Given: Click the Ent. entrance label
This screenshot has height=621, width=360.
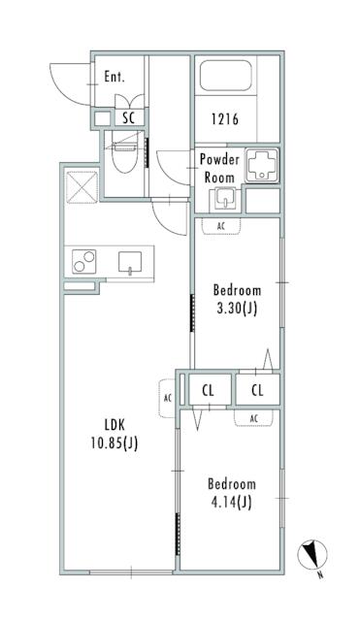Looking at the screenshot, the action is (115, 77).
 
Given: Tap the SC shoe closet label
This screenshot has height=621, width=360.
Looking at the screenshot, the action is (128, 117).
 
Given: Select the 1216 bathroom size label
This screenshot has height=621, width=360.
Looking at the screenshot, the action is (224, 118).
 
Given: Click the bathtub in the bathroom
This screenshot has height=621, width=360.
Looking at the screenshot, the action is (226, 76).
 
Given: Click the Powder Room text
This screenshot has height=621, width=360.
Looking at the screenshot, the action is (219, 168).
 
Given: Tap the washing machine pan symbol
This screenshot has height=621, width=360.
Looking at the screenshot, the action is (262, 165).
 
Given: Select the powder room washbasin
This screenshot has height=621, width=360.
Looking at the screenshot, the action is (225, 198).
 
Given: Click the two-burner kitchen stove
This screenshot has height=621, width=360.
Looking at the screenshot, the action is (84, 261).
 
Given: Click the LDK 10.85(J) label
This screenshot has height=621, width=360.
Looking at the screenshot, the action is (115, 435).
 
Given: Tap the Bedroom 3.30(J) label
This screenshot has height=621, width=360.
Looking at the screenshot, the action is (237, 299).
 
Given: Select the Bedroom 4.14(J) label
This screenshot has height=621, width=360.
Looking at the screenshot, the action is (232, 493).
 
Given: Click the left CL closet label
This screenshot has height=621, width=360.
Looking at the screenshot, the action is (208, 391).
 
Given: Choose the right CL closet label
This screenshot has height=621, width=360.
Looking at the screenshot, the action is (257, 391).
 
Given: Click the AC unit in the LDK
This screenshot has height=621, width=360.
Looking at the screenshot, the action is (168, 399).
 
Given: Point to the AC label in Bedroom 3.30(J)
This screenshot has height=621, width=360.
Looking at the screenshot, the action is (221, 227).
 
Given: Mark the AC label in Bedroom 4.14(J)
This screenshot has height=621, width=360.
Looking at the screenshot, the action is (254, 418).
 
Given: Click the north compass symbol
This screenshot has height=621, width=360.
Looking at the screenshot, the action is (312, 554).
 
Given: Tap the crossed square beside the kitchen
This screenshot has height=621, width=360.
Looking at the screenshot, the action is (82, 187).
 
